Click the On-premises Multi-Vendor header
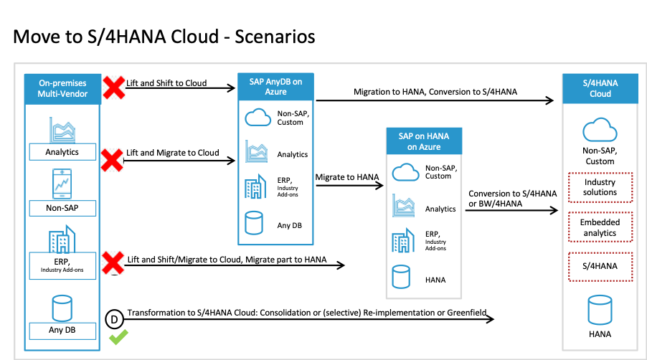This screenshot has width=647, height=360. click(62, 88)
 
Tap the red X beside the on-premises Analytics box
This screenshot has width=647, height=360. click(111, 160)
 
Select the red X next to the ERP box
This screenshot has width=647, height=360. click(112, 262)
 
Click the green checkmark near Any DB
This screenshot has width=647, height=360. click(118, 336)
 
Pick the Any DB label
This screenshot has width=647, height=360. click(62, 331)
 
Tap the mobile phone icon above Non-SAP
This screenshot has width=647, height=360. click(62, 184)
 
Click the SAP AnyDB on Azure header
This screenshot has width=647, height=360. click(275, 87)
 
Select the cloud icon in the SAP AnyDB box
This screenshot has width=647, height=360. click(258, 117)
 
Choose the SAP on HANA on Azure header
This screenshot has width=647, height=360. click(424, 141)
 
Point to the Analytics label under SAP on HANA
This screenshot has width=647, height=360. click(440, 209)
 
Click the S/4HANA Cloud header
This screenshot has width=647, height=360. click(600, 89)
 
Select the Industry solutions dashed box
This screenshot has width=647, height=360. click(600, 187)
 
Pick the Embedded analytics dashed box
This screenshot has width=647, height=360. click(600, 228)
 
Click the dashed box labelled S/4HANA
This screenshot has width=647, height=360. click(600, 267)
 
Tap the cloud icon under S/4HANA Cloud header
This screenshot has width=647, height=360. click(600, 131)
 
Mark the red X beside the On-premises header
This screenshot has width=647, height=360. click(114, 88)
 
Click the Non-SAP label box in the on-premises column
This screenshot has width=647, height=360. click(62, 209)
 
